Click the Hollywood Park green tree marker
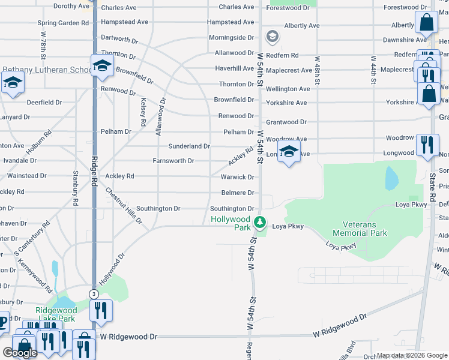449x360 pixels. pyautogui.click(x=259, y=223)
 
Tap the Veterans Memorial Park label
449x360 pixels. pyautogui.click(x=360, y=228)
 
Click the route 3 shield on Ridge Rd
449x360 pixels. pyautogui.click(x=94, y=294)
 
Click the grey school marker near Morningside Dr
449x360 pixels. pyautogui.click(x=272, y=37)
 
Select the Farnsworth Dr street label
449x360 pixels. pyautogui.click(x=173, y=161)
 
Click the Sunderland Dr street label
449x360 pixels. pyautogui.click(x=188, y=146)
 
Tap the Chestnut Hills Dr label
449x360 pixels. pyautogui.click(x=123, y=206)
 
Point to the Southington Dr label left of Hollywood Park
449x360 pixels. pyautogui.click(x=158, y=209)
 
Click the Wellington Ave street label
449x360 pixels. pyautogui.click(x=288, y=89)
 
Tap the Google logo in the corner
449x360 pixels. pyautogui.click(x=19, y=353)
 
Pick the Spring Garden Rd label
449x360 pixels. pyautogui.click(x=63, y=23)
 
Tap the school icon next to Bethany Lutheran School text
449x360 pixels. pyautogui.click(x=102, y=65)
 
